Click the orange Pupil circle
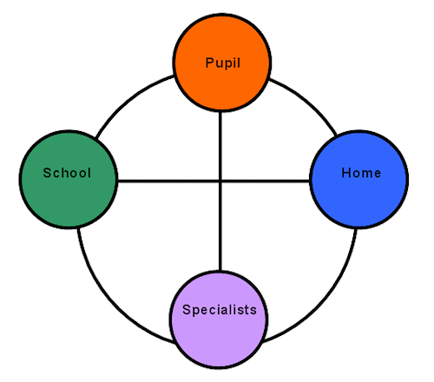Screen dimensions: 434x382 [222, 63]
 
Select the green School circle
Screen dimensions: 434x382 [69, 180]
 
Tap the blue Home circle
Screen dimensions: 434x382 [359, 180]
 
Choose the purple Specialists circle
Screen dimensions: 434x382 [219, 319]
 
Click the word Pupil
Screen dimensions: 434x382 [223, 63]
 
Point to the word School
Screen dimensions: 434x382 [67, 173]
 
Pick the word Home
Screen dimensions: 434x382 [361, 173]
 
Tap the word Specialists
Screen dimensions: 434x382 [220, 310]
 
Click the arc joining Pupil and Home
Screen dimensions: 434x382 [308, 102]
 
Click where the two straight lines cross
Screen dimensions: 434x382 [220, 181]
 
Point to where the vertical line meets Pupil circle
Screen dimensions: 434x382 [220, 112]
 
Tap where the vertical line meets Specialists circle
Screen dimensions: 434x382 [220, 270]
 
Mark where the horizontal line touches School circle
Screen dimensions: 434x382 [118, 181]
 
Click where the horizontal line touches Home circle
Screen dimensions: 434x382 [310, 181]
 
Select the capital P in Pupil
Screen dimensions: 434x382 [209, 63]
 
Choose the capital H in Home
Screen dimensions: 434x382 [346, 173]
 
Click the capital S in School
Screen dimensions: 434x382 [47, 173]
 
